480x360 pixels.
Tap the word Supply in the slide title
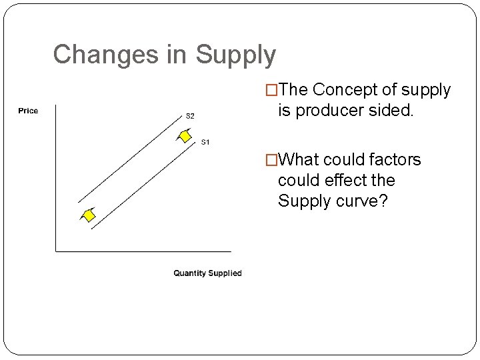[235, 55]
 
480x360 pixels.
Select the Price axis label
[28, 111]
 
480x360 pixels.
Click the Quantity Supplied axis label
[207, 273]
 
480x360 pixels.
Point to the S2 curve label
[190, 116]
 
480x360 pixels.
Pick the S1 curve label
[205, 141]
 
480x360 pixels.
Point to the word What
[300, 160]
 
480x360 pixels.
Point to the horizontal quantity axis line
[143, 251]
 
